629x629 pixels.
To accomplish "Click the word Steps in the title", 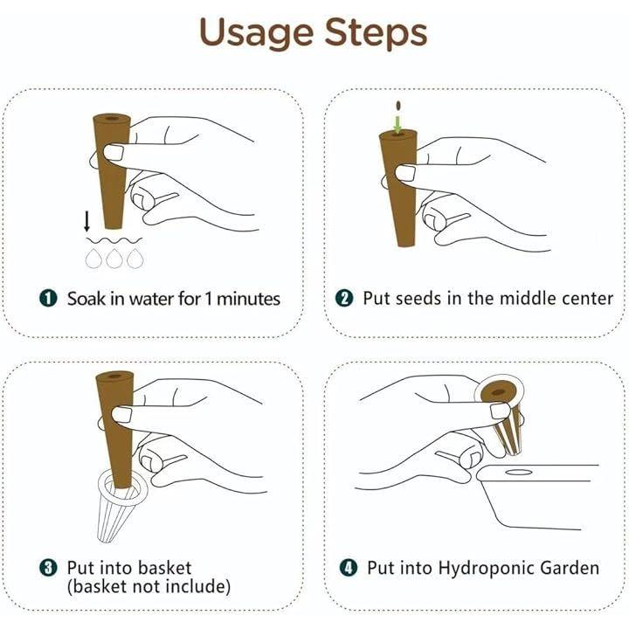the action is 376,31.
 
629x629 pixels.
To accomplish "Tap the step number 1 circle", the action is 48,299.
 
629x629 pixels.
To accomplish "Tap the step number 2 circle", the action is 344,299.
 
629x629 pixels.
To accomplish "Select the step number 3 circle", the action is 48,568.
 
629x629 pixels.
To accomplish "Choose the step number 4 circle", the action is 349,568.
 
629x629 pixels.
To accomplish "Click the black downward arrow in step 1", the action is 86,221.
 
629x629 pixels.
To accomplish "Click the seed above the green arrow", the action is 398,106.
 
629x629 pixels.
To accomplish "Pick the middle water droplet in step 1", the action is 114,259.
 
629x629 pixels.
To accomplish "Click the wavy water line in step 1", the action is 114,241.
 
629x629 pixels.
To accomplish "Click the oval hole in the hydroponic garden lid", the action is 519,472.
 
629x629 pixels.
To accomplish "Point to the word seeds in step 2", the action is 416,299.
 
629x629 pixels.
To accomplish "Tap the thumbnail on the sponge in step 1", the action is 114,153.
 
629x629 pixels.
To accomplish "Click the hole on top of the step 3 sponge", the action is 114,377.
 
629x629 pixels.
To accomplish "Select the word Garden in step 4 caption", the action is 570,568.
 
